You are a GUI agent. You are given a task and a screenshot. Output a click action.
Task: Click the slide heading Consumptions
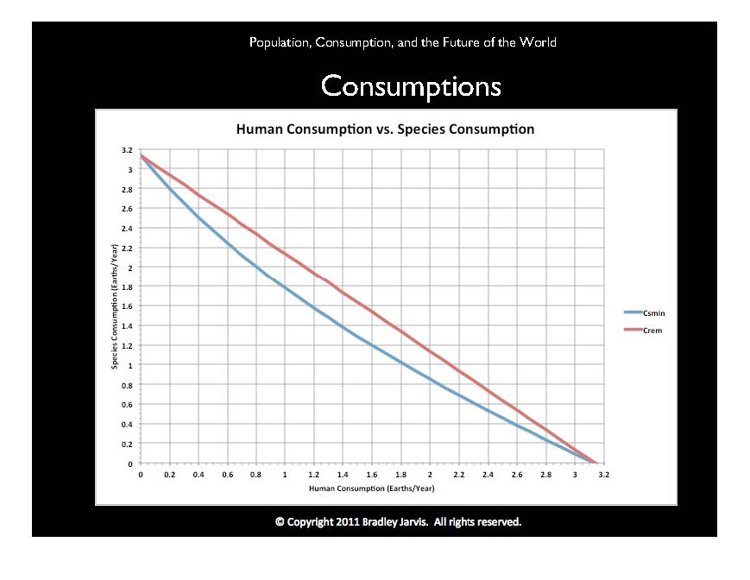410,86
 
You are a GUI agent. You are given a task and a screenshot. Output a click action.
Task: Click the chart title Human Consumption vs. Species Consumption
385,129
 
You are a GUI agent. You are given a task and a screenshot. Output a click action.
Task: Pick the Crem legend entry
651,331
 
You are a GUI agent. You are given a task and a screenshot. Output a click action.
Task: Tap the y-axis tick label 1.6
126,307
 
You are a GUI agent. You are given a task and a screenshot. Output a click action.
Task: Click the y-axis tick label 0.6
126,405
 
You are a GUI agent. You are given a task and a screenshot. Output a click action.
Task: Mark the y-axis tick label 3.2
126,150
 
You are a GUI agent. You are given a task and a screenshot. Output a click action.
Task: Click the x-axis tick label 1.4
343,474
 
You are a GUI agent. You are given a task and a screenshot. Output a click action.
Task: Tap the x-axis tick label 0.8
255,474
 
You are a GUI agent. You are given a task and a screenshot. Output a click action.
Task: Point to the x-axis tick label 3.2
603,474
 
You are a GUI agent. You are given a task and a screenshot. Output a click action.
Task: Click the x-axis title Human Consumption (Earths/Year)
372,488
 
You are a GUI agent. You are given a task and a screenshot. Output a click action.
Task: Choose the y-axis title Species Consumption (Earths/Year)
114,307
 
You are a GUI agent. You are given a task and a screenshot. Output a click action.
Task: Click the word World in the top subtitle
538,41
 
